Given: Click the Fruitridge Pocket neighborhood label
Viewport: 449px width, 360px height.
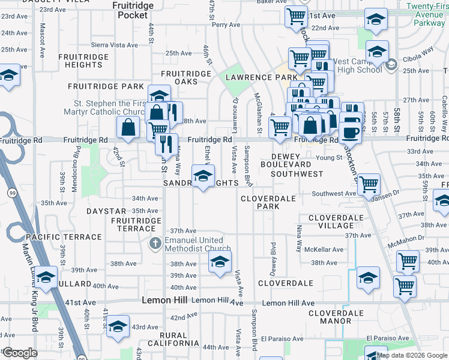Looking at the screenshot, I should (133, 10).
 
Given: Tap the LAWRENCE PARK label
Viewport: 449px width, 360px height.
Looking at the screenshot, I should (261, 77).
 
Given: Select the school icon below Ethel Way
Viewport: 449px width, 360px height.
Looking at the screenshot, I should (203, 176).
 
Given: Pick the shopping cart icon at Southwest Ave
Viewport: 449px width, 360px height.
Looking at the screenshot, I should (369, 184).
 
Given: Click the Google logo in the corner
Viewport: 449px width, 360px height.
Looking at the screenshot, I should (20, 353).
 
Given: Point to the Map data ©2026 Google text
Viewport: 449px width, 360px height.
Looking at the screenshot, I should (412, 355).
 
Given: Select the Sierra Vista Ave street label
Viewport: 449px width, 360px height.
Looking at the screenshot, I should (114, 45).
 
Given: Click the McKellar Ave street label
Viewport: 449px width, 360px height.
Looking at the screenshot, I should (324, 250).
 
